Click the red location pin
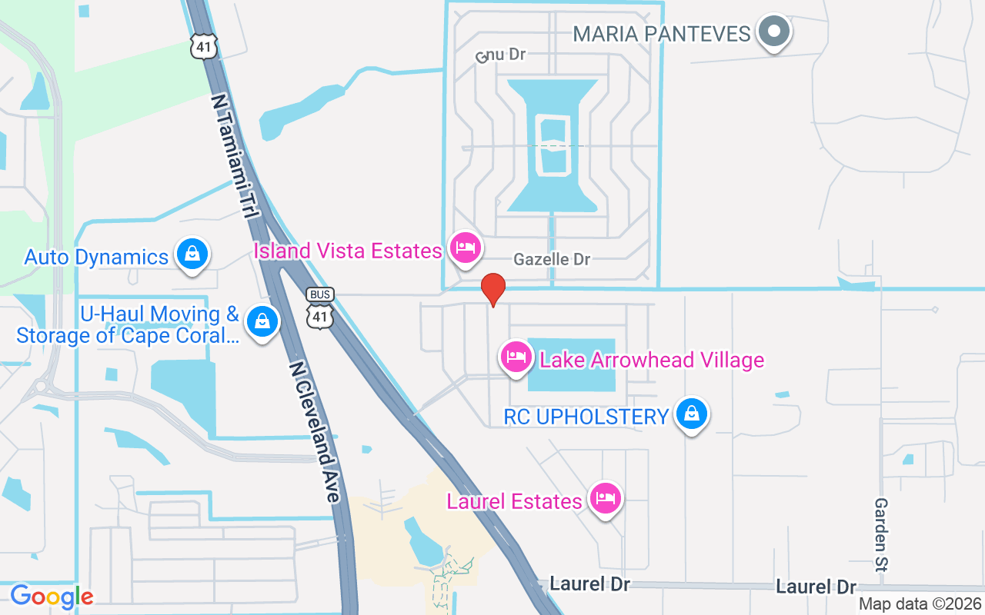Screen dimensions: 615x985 tap(492, 289)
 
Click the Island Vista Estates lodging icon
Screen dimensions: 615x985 tap(466, 248)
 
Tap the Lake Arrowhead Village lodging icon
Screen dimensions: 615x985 tap(516, 357)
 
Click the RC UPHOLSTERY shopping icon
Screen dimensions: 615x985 tap(692, 414)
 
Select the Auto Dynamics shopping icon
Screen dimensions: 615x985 tap(192, 254)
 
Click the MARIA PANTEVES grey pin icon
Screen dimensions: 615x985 tap(774, 32)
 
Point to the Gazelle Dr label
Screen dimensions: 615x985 tap(552, 260)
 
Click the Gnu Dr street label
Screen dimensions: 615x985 tap(500, 55)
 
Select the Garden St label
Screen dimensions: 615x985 tap(881, 534)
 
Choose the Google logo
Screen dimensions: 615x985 tap(52, 597)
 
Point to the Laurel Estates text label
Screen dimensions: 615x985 tap(514, 502)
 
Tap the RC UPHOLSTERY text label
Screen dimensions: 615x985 tap(586, 417)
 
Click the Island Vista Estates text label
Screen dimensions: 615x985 tap(348, 251)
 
